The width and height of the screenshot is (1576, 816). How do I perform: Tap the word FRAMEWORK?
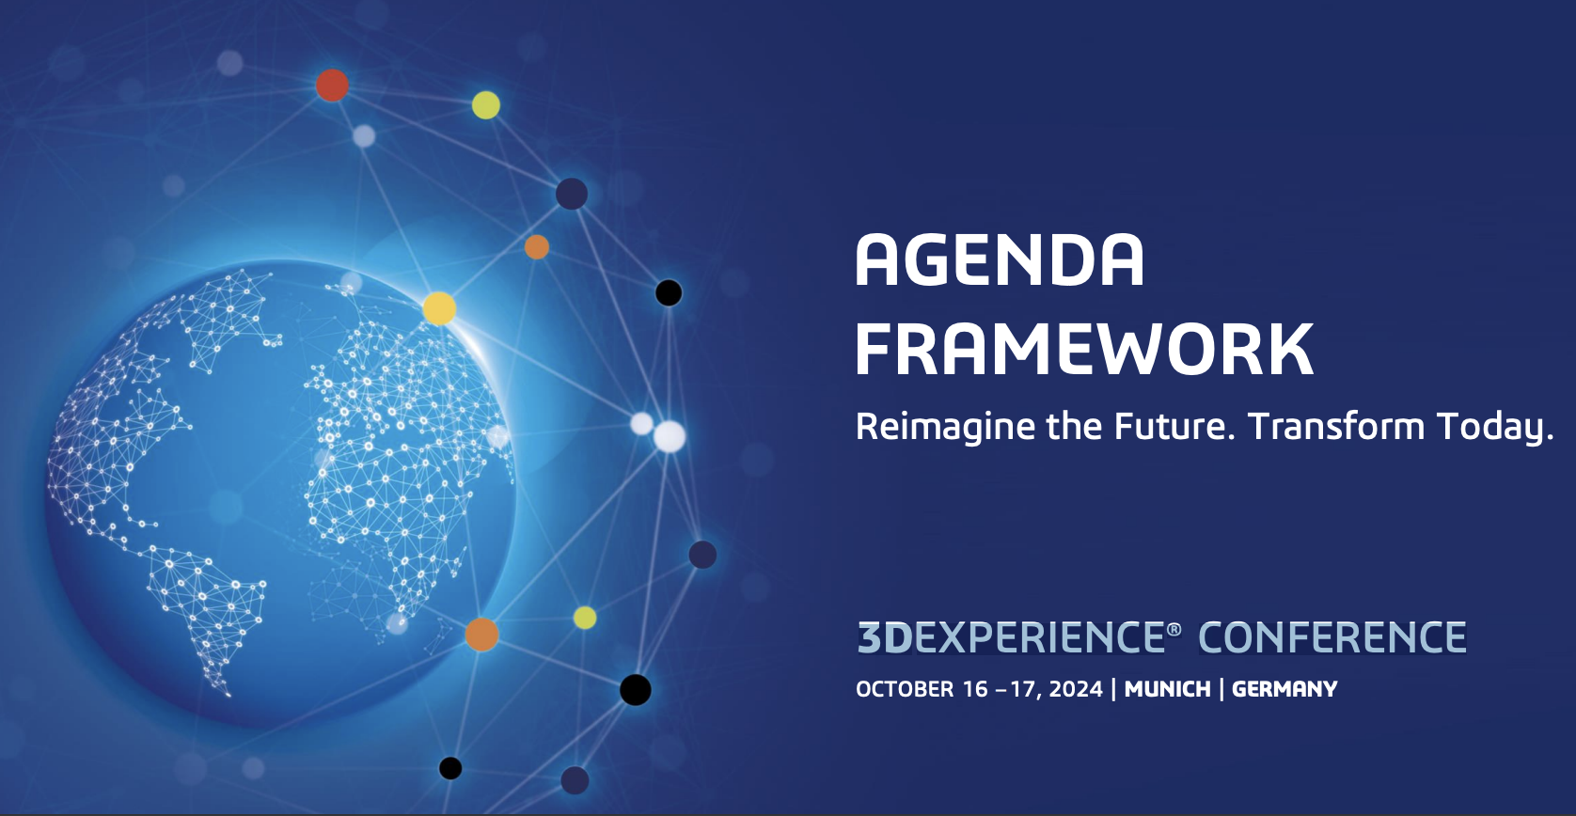click(x=1084, y=350)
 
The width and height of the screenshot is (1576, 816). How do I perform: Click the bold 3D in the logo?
click(x=885, y=637)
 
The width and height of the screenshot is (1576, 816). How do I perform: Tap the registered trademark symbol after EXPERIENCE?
click(x=1174, y=630)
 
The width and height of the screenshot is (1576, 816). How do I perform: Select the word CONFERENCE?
click(x=1332, y=637)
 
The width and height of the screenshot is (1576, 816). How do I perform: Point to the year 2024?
click(x=1076, y=689)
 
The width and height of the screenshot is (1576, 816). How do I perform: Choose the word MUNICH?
click(x=1168, y=689)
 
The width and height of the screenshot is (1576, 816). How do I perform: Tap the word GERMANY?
click(x=1284, y=689)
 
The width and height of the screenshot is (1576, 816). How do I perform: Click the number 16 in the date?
click(x=975, y=689)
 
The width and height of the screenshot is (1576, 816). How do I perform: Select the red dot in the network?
click(x=332, y=86)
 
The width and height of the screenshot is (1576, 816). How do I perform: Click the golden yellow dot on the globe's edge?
click(x=439, y=308)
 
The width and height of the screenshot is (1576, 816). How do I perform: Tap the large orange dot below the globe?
click(x=482, y=635)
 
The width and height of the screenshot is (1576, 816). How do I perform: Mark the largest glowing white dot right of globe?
click(x=670, y=436)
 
